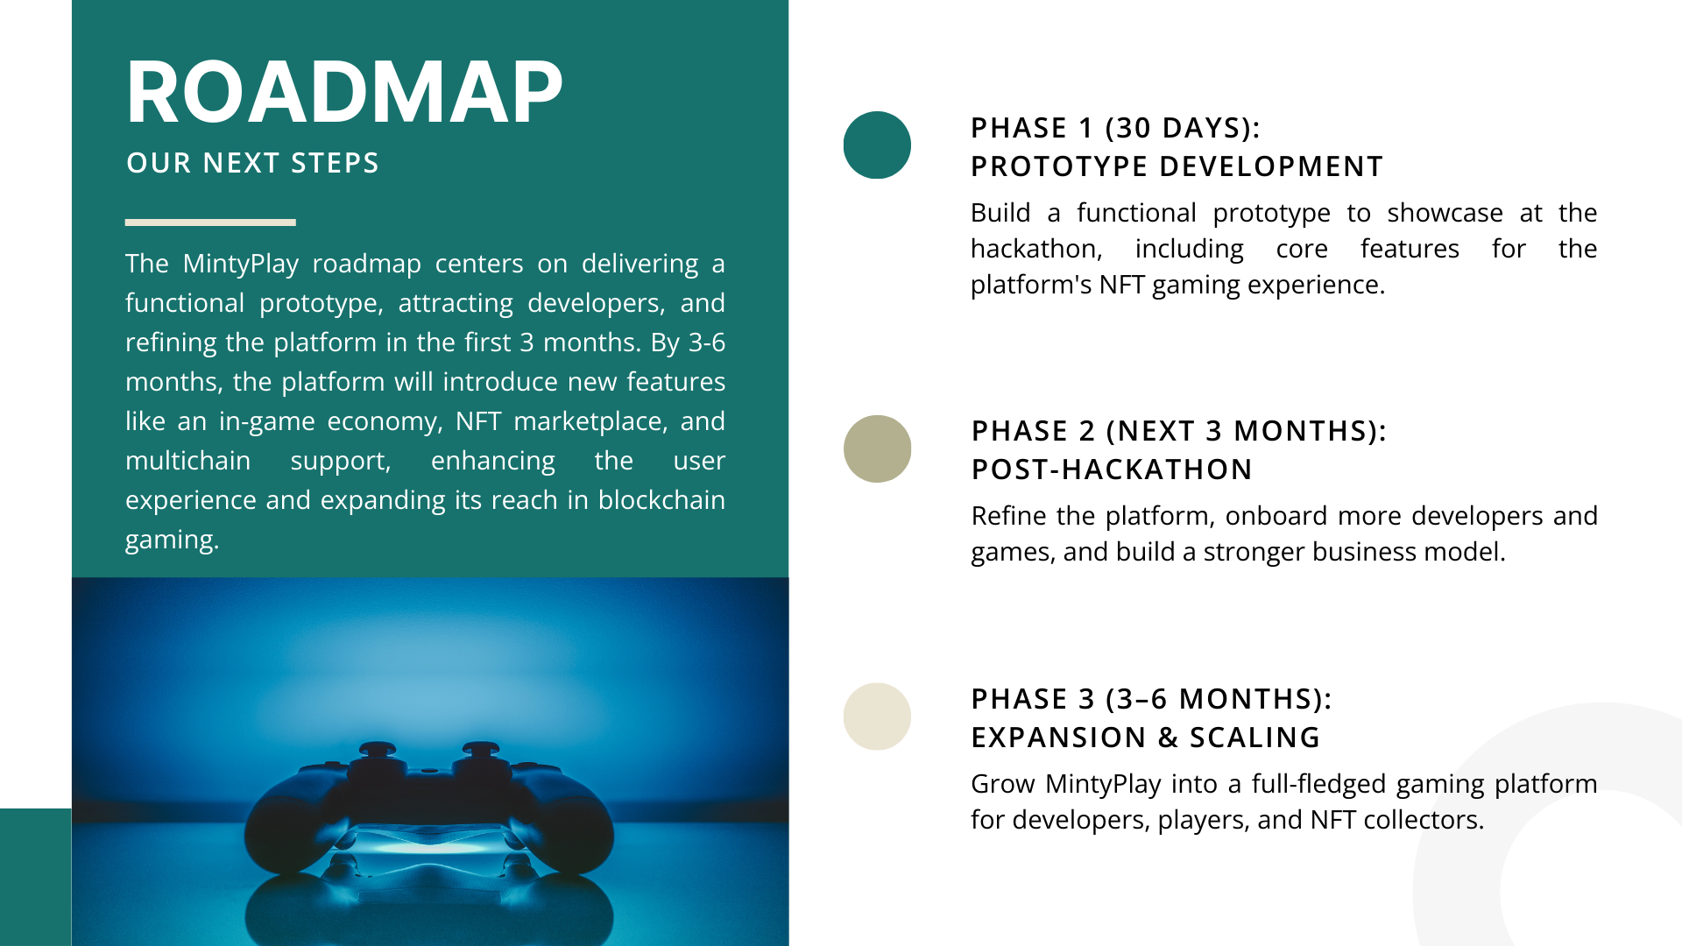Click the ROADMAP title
pyautogui.click(x=344, y=92)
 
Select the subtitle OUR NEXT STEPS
pyautogui.click(x=252, y=163)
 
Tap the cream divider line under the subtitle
pyautogui.click(x=210, y=222)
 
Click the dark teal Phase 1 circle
pyautogui.click(x=877, y=145)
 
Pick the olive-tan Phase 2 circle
pyautogui.click(x=877, y=448)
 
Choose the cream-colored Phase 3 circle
pyautogui.click(x=877, y=717)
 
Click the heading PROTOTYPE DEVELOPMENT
pyautogui.click(x=1177, y=166)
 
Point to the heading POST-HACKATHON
pyautogui.click(x=1112, y=469)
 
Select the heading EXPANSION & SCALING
pyautogui.click(x=1146, y=738)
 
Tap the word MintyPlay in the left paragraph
pyautogui.click(x=241, y=264)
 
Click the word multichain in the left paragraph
pyautogui.click(x=187, y=461)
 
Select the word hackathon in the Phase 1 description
pyautogui.click(x=1036, y=249)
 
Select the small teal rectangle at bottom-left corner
pyautogui.click(x=35, y=877)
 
